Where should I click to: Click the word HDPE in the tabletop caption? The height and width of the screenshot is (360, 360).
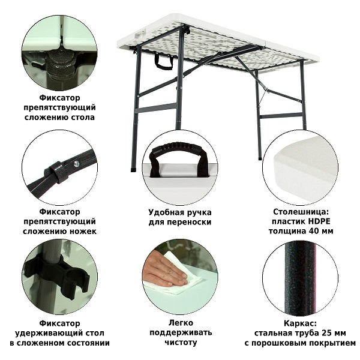[319, 221]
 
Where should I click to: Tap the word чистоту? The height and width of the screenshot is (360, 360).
[181, 343]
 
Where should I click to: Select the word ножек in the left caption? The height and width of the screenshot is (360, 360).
[82, 232]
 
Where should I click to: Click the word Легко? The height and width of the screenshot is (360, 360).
[181, 323]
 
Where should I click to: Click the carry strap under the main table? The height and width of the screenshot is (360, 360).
[164, 62]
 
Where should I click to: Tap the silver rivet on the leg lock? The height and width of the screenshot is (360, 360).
[76, 164]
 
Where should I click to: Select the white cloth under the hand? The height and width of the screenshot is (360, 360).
[175, 278]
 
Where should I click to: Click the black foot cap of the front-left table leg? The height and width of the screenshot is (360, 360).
[133, 170]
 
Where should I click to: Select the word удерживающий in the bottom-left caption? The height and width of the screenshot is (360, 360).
[59, 334]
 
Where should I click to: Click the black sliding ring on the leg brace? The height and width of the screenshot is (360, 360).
[56, 172]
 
